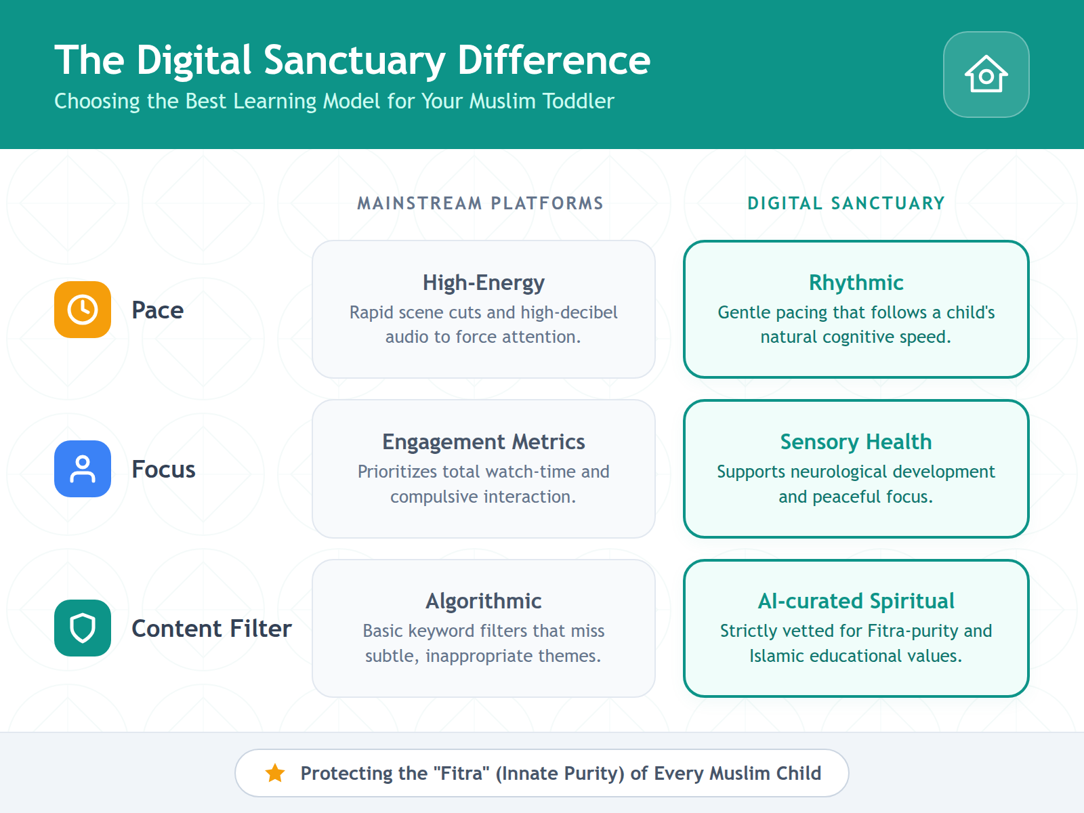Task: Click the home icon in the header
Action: pyautogui.click(x=986, y=75)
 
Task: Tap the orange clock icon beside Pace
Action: pyautogui.click(x=83, y=310)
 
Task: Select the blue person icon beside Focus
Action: pyautogui.click(x=83, y=469)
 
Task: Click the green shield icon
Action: pyautogui.click(x=83, y=628)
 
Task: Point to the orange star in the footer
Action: pyautogui.click(x=275, y=773)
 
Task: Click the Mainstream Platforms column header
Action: pyautogui.click(x=480, y=203)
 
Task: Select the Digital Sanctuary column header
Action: pyautogui.click(x=846, y=203)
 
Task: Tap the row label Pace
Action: pyautogui.click(x=157, y=310)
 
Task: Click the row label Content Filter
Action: pyautogui.click(x=211, y=629)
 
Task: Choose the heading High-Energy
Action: pyautogui.click(x=484, y=283)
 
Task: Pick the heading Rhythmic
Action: pyautogui.click(x=856, y=283)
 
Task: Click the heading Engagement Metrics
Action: pyautogui.click(x=484, y=442)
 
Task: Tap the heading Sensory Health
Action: pyautogui.click(x=856, y=442)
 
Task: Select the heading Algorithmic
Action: pyautogui.click(x=484, y=601)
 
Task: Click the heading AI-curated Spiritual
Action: pyautogui.click(x=856, y=601)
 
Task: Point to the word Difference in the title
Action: pyautogui.click(x=554, y=60)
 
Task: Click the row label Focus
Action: pyautogui.click(x=163, y=470)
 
